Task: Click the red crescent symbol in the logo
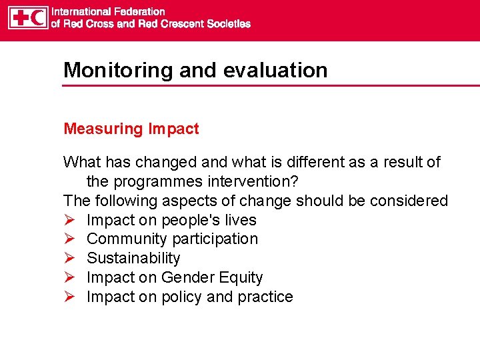pyautogui.click(x=39, y=17)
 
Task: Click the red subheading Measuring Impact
pyautogui.click(x=131, y=129)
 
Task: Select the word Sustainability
pyautogui.click(x=133, y=258)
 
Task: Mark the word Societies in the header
pyautogui.click(x=227, y=24)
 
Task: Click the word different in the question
pyautogui.click(x=304, y=162)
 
